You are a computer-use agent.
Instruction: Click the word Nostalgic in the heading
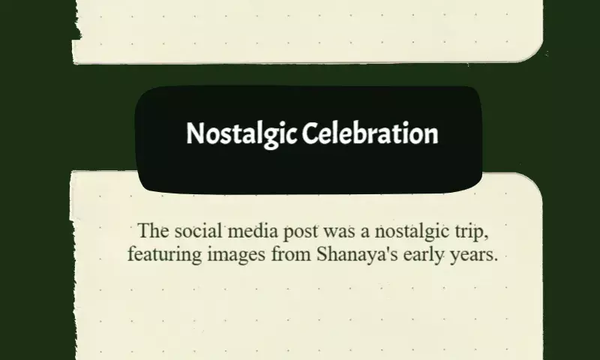(x=241, y=134)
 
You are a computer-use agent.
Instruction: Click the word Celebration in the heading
(x=370, y=133)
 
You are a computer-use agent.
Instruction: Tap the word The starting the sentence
(x=153, y=231)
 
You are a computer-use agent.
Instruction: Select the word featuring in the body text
(x=164, y=255)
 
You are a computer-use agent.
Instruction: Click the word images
(x=236, y=255)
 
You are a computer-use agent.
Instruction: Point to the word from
(x=291, y=254)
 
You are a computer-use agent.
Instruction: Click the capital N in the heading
(x=194, y=133)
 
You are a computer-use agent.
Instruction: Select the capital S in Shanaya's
(x=322, y=254)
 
